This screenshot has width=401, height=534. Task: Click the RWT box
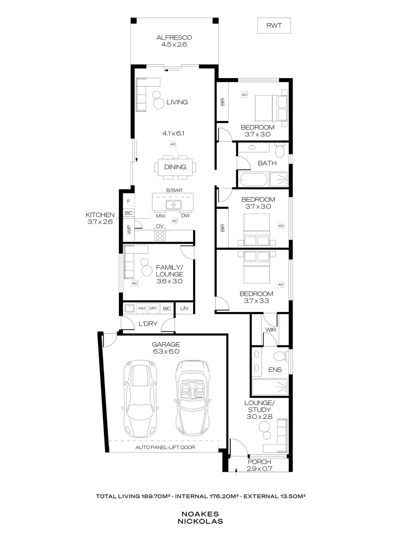(x=273, y=25)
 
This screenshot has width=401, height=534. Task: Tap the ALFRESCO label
(x=174, y=37)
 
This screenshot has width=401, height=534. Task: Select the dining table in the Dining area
(x=176, y=167)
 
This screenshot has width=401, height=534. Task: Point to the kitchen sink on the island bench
(x=174, y=204)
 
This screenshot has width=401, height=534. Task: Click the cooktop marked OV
(x=160, y=235)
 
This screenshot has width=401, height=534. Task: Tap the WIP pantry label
(x=129, y=230)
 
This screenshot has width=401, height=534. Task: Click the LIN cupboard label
(x=184, y=309)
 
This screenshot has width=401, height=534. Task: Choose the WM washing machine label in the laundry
(x=142, y=309)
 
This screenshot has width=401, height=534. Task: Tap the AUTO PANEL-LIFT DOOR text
(x=165, y=447)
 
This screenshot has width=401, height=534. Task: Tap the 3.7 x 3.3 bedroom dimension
(x=258, y=300)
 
